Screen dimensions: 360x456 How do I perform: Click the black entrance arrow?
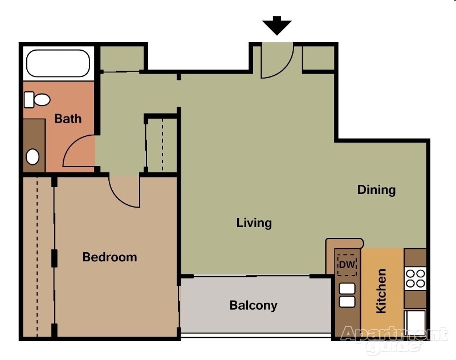coord(277,26)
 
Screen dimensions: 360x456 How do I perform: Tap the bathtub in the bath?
coord(58,63)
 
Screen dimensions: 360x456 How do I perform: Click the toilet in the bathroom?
coord(37,100)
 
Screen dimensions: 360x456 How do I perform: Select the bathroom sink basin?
coord(33,156)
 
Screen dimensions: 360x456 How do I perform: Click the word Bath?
coord(68,119)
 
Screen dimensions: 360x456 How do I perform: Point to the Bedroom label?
coord(109,257)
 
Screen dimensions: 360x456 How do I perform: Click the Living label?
coord(254,223)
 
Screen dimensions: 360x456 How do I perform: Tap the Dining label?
coord(376,190)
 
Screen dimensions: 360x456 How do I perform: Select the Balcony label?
coord(253,305)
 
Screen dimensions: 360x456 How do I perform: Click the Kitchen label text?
coord(381,291)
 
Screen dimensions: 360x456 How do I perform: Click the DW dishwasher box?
coord(347,265)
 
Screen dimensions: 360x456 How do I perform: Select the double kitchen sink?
coord(347,294)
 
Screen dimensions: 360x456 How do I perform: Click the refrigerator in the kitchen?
coord(414,323)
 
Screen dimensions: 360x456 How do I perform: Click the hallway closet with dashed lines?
coord(162,144)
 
